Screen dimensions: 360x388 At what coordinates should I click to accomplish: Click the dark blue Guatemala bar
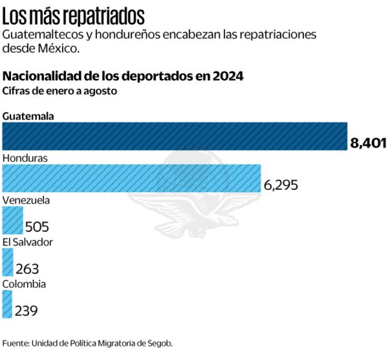174,136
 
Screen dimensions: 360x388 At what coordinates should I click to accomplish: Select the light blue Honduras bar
131,178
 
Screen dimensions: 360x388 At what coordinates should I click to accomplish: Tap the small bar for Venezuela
12,221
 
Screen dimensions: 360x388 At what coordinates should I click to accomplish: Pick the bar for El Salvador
8,262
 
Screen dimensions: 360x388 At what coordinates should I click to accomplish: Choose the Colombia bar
7,304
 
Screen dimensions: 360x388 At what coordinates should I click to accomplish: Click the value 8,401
368,143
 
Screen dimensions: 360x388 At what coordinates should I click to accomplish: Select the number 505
37,227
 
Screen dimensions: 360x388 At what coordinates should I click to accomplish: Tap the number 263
27,269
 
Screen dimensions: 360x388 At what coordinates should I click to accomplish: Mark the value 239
26,311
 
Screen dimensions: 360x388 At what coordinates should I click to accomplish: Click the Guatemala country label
28,116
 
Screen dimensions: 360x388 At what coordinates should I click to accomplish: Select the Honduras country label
25,158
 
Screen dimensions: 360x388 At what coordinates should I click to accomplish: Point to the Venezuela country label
26,200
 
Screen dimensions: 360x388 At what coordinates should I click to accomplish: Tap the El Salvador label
27,242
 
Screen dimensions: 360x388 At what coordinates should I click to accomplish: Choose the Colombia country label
24,284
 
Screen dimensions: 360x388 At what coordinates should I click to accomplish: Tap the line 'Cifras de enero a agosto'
60,91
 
